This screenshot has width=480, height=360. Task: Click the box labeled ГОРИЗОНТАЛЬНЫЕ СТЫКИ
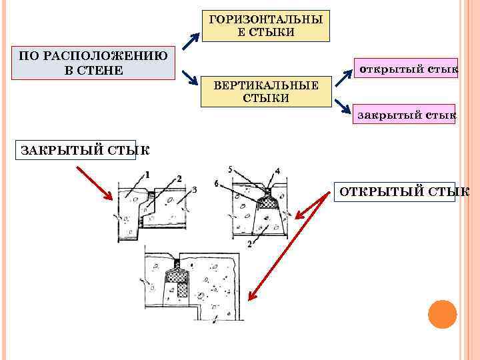[x=265, y=25]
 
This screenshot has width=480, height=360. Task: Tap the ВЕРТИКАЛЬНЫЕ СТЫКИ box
[x=266, y=91]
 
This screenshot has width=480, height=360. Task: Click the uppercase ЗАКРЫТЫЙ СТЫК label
[x=75, y=149]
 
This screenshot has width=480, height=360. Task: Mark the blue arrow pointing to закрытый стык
[x=343, y=107]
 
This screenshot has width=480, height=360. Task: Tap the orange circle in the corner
[x=442, y=314]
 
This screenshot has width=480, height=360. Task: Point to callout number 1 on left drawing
[x=147, y=175]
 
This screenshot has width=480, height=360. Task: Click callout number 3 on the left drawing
[x=193, y=190]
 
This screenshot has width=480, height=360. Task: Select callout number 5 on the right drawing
[x=230, y=170]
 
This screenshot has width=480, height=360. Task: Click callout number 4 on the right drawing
[x=277, y=171]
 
